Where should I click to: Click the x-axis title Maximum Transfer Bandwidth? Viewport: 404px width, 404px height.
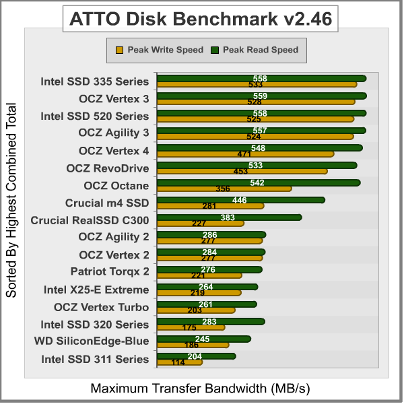pyautogui.click(x=201, y=389)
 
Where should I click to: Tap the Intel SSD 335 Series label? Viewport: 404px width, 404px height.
pyautogui.click(x=95, y=81)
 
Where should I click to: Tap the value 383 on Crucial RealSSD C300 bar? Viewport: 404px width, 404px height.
pyautogui.click(x=228, y=217)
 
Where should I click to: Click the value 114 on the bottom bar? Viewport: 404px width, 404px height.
pyautogui.click(x=178, y=362)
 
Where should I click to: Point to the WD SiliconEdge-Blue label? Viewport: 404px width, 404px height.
pyautogui.click(x=92, y=341)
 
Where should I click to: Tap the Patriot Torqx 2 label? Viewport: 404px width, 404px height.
pyautogui.click(x=110, y=271)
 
